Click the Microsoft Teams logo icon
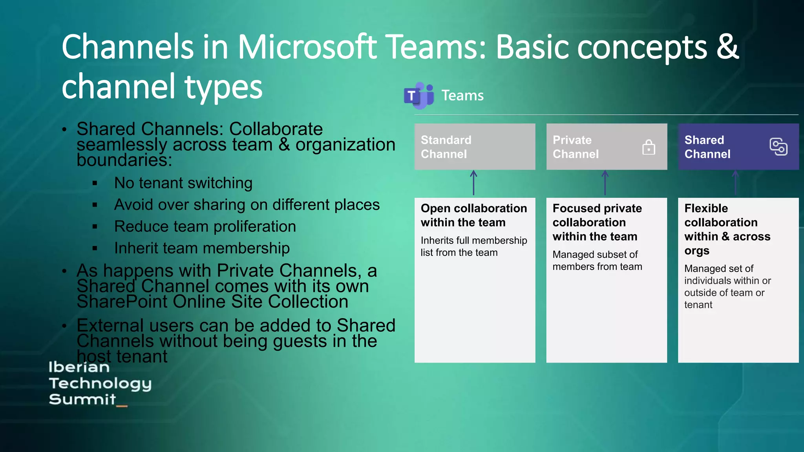pos(418,95)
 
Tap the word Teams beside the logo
pos(462,95)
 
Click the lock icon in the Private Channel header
pos(649,147)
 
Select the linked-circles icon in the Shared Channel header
pos(778,147)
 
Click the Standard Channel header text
pos(446,147)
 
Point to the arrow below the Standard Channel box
pos(473,182)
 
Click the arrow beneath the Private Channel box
pos(605,182)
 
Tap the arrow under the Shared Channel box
pos(736,182)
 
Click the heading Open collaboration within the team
pos(473,215)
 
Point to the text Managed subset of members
pos(597,260)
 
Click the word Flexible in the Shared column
pos(706,208)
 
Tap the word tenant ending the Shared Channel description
pos(698,305)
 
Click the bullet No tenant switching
pos(183,183)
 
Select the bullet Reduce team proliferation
pos(205,226)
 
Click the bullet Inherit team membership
pos(202,248)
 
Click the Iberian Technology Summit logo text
pos(100,383)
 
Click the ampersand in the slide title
pos(727,46)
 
